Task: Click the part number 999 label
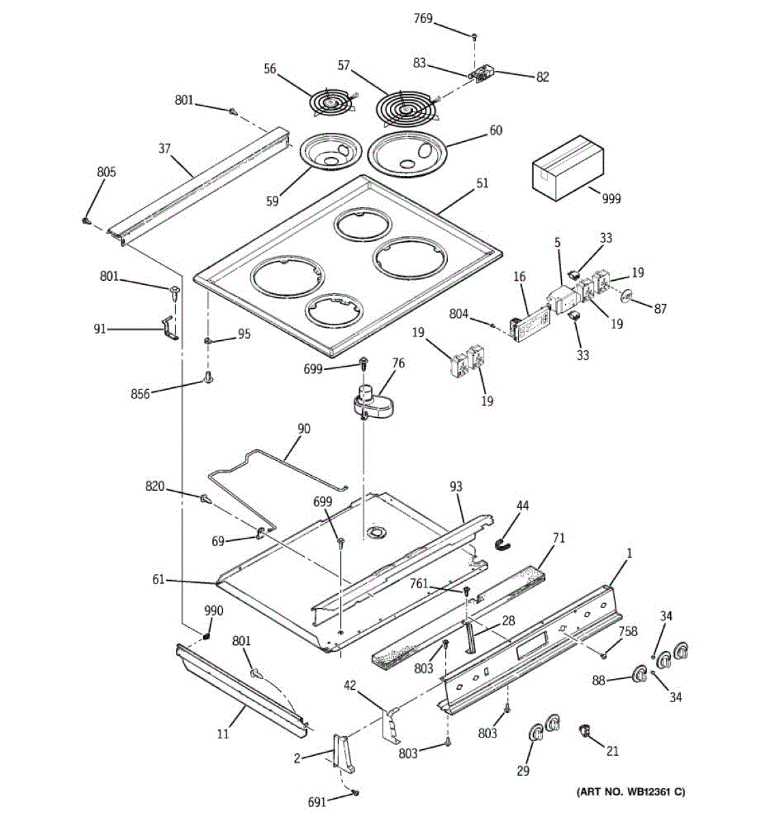coord(612,198)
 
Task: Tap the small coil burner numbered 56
coord(331,104)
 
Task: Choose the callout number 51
coord(482,183)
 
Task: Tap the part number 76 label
coord(398,363)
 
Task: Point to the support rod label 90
coord(303,429)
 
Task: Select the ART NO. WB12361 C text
coord(631,791)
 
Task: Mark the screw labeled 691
coord(355,793)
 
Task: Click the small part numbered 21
coord(584,730)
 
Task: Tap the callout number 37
coord(164,148)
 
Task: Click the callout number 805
coord(106,172)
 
